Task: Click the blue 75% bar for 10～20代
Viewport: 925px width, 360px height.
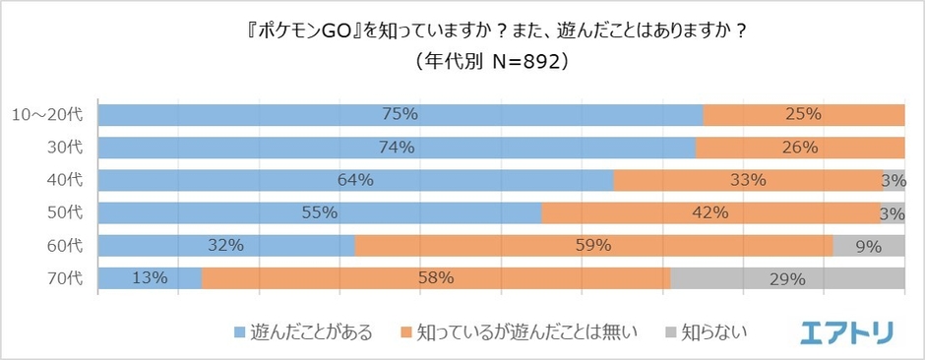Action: pyautogui.click(x=401, y=114)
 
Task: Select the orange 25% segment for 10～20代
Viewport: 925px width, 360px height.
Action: pyautogui.click(x=804, y=114)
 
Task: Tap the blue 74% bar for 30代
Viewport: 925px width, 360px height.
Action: pyautogui.click(x=397, y=148)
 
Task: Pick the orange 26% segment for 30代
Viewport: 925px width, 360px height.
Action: pyautogui.click(x=800, y=148)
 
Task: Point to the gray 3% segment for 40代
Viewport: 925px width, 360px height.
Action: pyautogui.click(x=893, y=180)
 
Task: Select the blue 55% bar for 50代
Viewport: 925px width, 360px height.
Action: pyautogui.click(x=320, y=212)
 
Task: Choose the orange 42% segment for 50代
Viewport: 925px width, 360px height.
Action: pyautogui.click(x=710, y=212)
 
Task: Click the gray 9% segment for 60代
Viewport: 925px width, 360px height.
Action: pyautogui.click(x=868, y=246)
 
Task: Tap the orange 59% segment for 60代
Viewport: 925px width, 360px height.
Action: pyautogui.click(x=593, y=246)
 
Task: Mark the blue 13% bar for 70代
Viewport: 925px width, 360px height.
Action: pyautogui.click(x=151, y=278)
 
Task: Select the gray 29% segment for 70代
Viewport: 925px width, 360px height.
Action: pyautogui.click(x=787, y=278)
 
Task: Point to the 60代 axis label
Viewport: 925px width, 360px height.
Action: pyautogui.click(x=66, y=246)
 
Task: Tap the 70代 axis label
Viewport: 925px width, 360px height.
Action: pyautogui.click(x=66, y=278)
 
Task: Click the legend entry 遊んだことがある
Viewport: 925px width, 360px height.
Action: pyautogui.click(x=303, y=332)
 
